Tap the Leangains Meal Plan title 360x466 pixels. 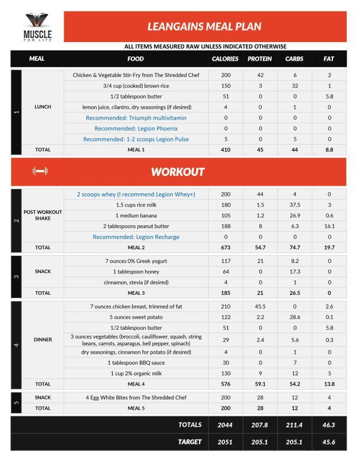[x=205, y=26]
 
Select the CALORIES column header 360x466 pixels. [x=225, y=59]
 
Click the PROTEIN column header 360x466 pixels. [x=260, y=59]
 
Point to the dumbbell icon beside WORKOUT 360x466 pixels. [x=40, y=172]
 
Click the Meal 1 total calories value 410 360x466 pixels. [x=225, y=149]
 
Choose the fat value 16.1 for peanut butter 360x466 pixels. [x=329, y=226]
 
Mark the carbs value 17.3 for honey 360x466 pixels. [x=294, y=271]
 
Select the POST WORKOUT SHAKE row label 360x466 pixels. [x=43, y=216]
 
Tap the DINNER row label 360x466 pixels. [x=43, y=339]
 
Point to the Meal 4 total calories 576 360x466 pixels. [x=225, y=384]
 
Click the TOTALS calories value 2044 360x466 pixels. [x=225, y=425]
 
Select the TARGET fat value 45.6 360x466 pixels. [x=329, y=441]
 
